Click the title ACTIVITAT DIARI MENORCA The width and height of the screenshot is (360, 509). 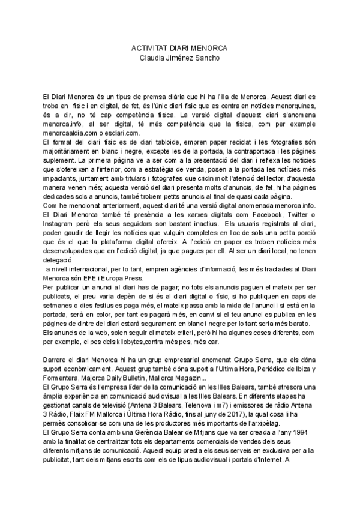tap(179, 47)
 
